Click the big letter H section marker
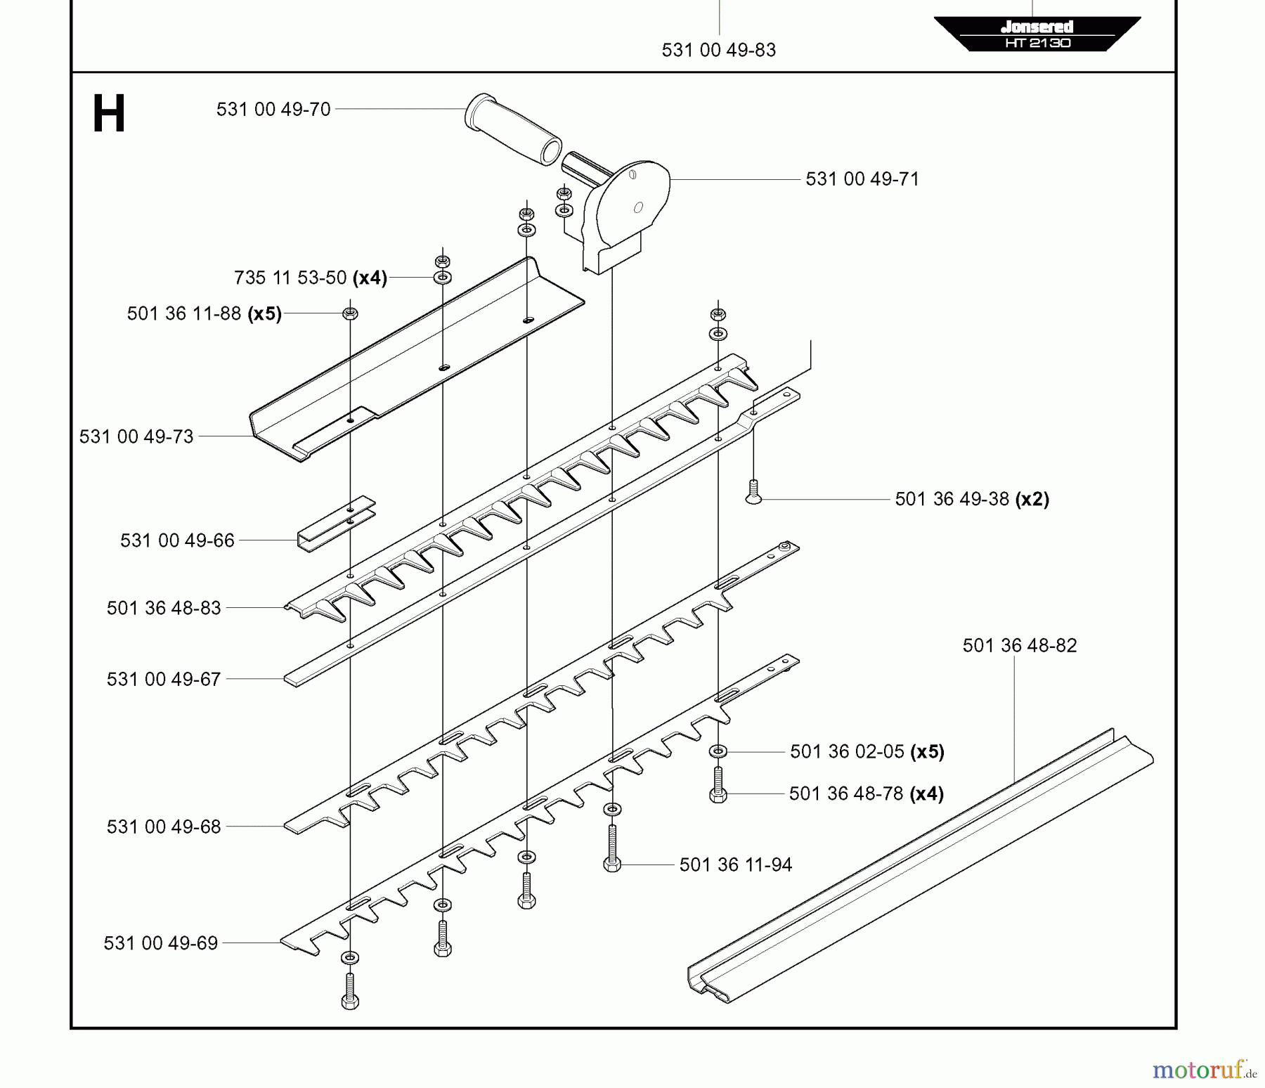tap(109, 115)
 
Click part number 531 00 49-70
tap(273, 110)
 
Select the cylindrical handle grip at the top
tap(512, 129)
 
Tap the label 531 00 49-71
tap(862, 179)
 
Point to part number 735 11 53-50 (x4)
tap(310, 278)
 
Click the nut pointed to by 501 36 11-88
tap(350, 313)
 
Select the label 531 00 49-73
tap(136, 437)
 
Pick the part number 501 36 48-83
tap(164, 608)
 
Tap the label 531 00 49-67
tap(164, 680)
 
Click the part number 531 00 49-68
tap(164, 827)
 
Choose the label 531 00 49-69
tap(161, 943)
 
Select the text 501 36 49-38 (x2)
tap(971, 500)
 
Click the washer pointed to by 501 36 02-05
tap(718, 752)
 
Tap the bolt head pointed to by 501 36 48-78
tap(718, 795)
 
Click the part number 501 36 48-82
tap(1019, 646)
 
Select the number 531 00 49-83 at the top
tap(718, 51)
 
